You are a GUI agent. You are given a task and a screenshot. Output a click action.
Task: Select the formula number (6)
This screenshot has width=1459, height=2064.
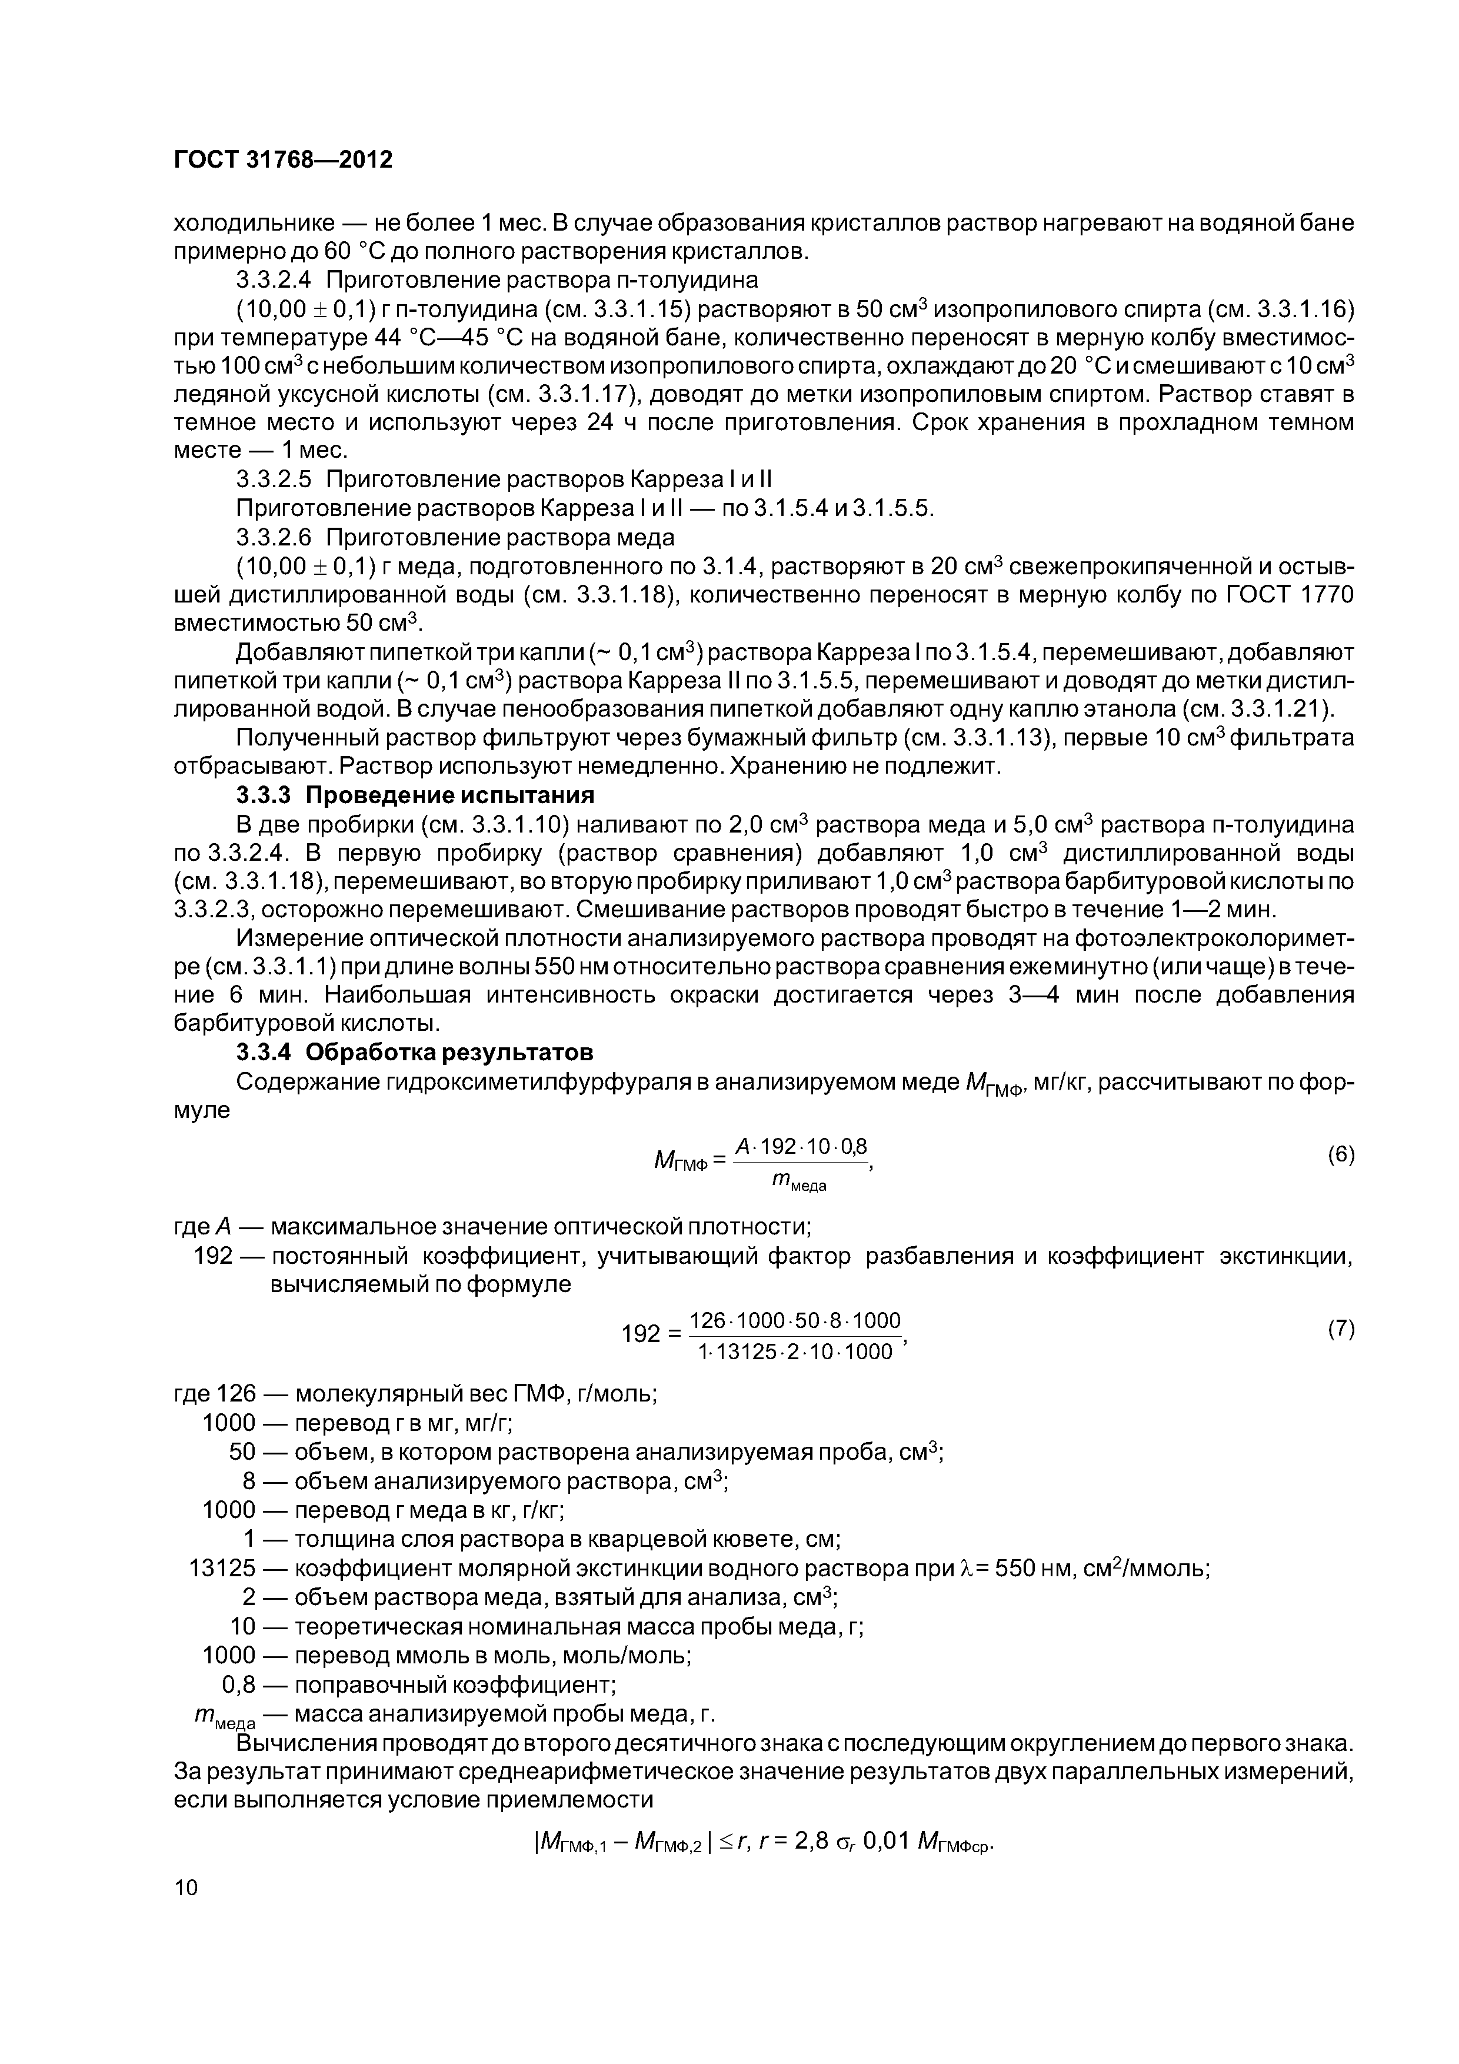1340,1155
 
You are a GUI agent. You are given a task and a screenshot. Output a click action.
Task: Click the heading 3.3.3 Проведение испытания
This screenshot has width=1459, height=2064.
414,795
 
